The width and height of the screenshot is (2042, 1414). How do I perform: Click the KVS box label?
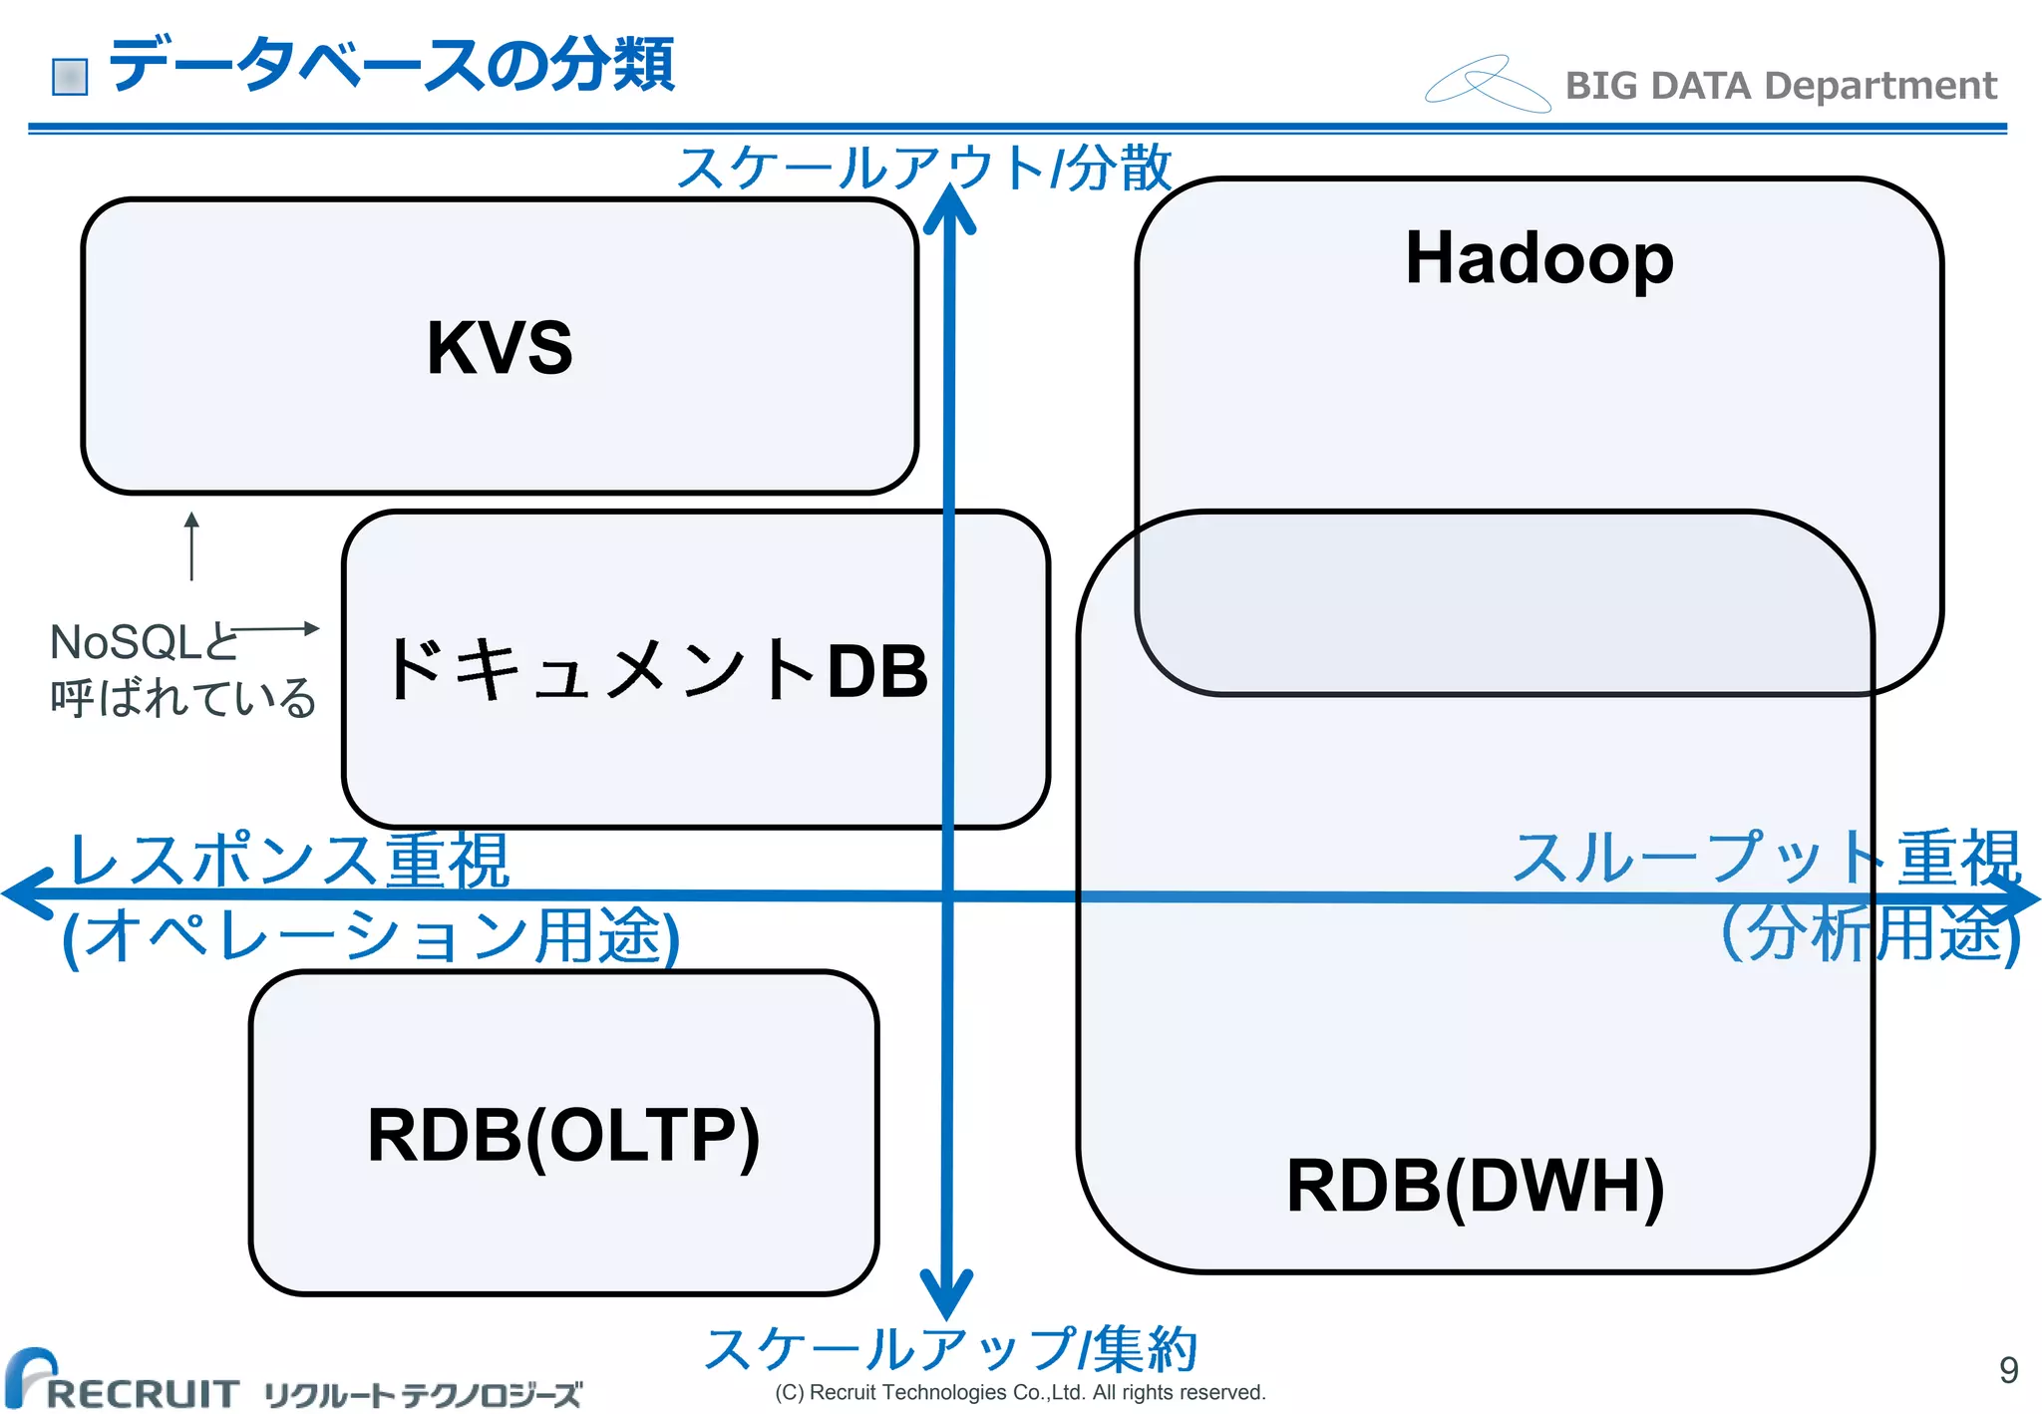click(x=500, y=347)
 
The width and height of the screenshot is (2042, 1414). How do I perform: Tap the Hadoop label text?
click(x=1538, y=258)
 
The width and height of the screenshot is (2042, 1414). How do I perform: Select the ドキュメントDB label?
click(x=657, y=669)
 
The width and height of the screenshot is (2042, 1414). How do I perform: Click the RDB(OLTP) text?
click(x=563, y=1135)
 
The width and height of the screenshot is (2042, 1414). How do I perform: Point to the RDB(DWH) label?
click(x=1475, y=1186)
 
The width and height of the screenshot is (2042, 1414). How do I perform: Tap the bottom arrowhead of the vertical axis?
click(x=946, y=1296)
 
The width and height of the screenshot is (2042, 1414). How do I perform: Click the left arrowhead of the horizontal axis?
click(x=25, y=892)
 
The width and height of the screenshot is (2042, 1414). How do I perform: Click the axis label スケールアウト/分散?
click(x=924, y=167)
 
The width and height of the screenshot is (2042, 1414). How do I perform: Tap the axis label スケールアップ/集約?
click(x=950, y=1348)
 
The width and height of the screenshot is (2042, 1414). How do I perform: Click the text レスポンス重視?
click(x=289, y=860)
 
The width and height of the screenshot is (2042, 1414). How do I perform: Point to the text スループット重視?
click(x=1765, y=857)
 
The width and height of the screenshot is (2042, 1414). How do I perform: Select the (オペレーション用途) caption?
click(x=371, y=936)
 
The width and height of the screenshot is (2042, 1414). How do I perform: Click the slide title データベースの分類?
click(x=391, y=66)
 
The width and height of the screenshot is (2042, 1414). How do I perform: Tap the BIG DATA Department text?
click(x=1781, y=86)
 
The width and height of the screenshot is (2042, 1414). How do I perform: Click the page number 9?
click(x=2008, y=1370)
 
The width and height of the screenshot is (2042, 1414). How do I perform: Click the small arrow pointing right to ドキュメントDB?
click(x=276, y=628)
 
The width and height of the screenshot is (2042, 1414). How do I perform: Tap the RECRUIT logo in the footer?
click(x=122, y=1381)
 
